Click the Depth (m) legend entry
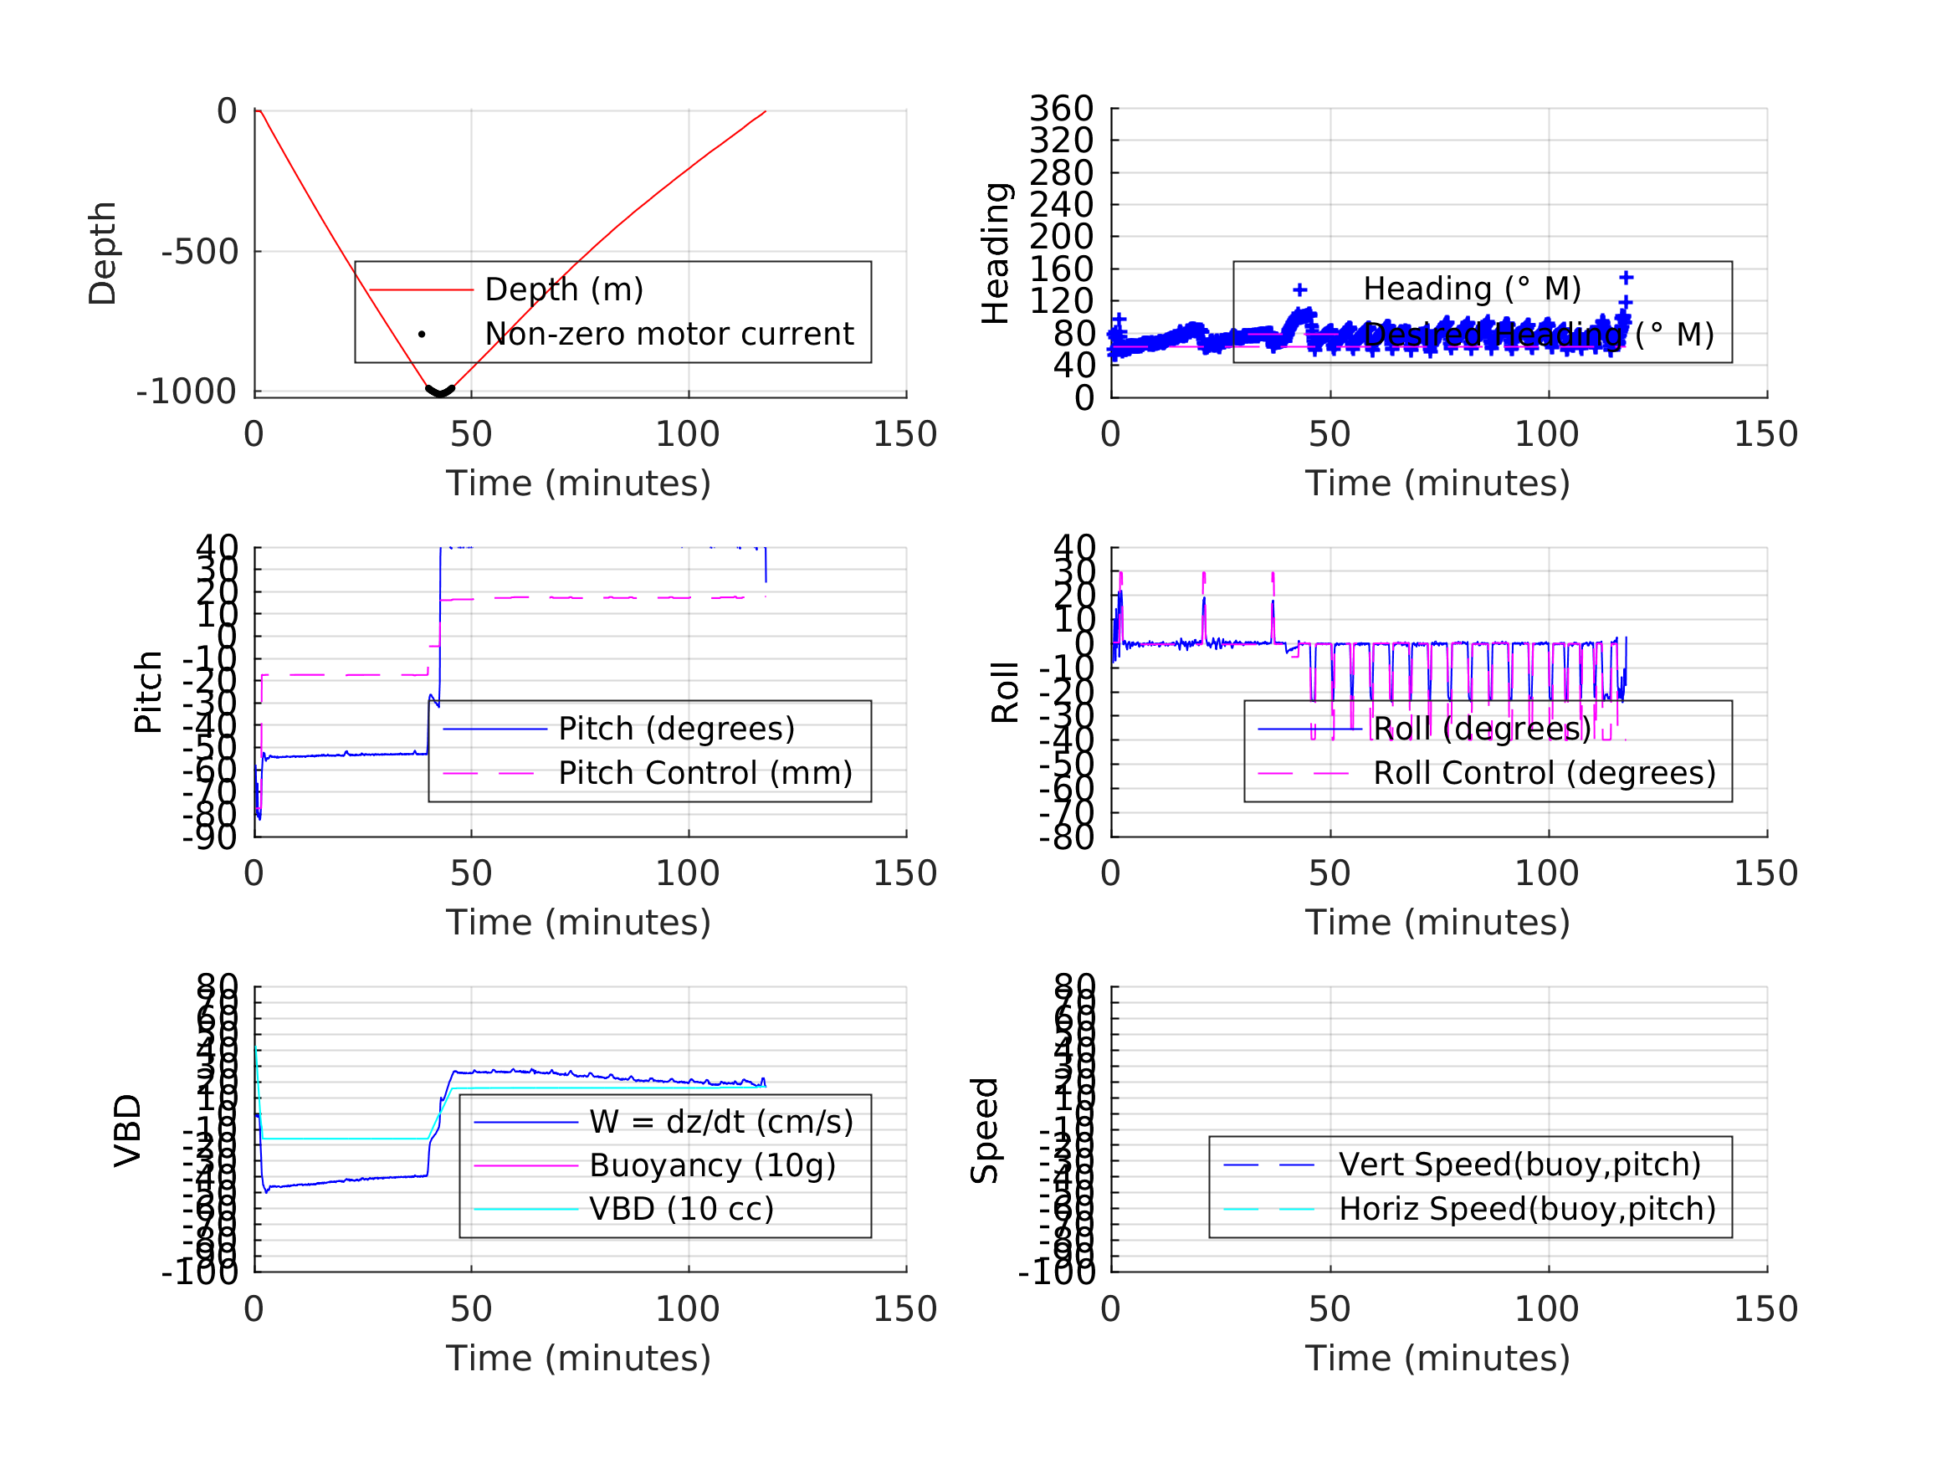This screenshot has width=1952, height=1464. tap(564, 289)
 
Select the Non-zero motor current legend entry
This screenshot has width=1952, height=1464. tap(669, 335)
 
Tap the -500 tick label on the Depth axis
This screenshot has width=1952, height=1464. tap(200, 253)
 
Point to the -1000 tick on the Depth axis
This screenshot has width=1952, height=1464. tap(187, 392)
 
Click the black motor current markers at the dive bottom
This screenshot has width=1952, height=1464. tap(439, 391)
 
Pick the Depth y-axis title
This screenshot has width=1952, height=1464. tap(103, 253)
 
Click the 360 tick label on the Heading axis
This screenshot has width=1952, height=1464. tap(1061, 109)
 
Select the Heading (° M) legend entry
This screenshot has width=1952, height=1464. tap(1471, 289)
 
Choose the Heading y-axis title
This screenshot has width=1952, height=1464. tap(996, 253)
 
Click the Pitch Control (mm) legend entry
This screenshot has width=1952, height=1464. tap(705, 773)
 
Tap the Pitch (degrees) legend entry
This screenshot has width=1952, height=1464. tap(676, 729)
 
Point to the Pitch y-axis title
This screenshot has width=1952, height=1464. tap(148, 692)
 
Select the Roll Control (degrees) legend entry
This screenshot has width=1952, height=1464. tap(1545, 773)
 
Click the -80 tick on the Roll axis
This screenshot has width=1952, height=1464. tap(1068, 837)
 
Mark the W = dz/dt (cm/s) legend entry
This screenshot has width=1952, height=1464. tap(721, 1122)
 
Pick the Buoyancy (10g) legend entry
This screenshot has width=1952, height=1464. tap(712, 1165)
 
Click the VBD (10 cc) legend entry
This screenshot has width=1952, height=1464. tap(681, 1209)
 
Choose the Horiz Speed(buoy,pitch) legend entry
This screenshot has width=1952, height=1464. tap(1527, 1209)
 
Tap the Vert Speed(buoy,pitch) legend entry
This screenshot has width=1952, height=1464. tap(1519, 1165)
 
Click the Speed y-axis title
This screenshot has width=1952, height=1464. tap(985, 1130)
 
